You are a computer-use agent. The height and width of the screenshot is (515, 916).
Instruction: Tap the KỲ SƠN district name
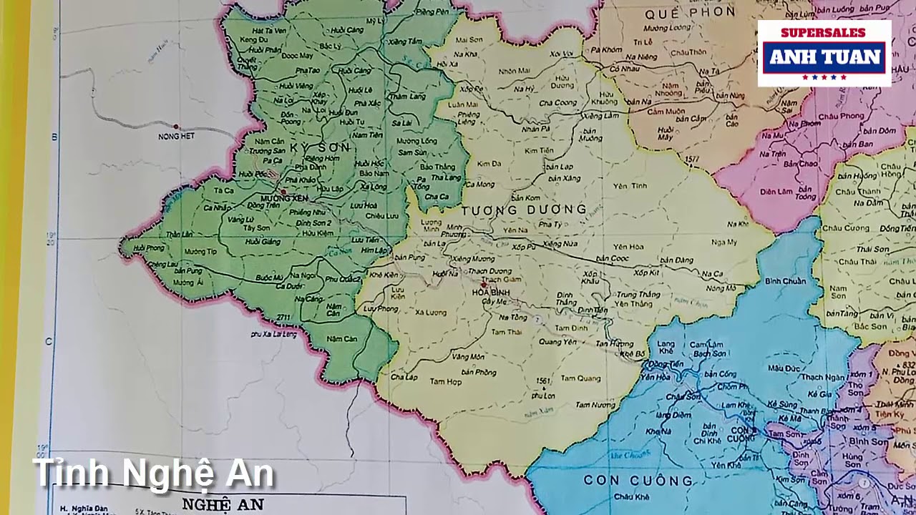tap(320, 147)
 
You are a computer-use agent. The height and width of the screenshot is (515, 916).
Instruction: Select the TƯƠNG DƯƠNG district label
tap(524, 210)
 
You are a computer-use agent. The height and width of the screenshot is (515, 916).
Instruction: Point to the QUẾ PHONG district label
tap(690, 12)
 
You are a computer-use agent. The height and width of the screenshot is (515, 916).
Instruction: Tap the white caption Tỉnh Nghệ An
tap(153, 474)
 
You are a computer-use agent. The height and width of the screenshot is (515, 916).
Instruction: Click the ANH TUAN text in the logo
tap(824, 57)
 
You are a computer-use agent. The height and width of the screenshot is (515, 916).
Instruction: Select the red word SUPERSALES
tap(823, 33)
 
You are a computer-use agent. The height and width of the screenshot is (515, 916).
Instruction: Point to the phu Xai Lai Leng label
tap(274, 334)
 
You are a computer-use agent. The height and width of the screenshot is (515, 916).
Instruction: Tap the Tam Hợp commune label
tap(445, 382)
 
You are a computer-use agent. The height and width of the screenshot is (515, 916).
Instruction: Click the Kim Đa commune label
tap(489, 164)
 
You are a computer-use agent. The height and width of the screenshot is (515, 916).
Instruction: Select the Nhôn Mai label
tap(515, 71)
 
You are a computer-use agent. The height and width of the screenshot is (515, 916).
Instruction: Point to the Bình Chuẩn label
tap(785, 281)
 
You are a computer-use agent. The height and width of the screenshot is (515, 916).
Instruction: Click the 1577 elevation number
tap(691, 159)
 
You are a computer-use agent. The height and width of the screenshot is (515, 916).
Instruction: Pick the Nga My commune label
tap(724, 242)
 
